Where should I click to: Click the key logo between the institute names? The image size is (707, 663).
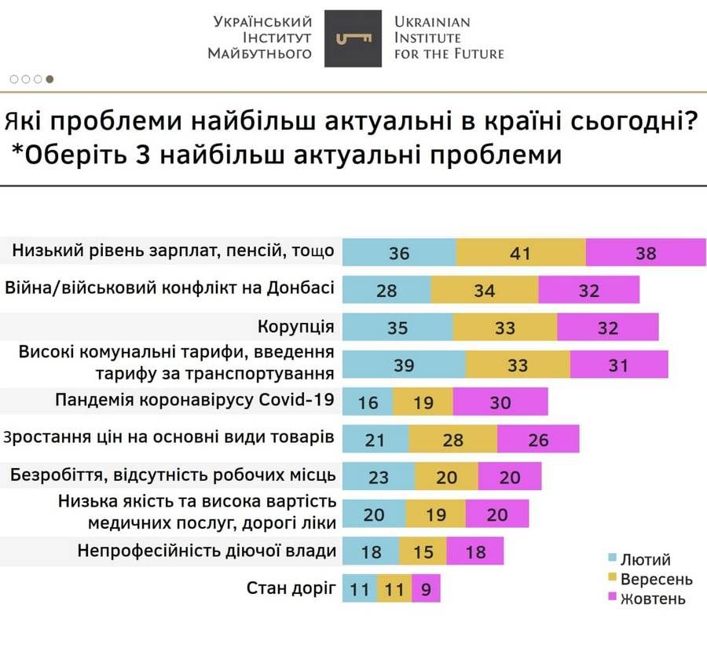(x=353, y=38)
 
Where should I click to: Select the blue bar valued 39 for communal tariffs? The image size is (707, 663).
(x=404, y=364)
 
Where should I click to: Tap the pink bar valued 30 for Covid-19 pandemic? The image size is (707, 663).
(x=500, y=402)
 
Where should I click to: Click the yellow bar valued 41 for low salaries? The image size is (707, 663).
(x=520, y=253)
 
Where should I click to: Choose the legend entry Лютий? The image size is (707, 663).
(x=645, y=560)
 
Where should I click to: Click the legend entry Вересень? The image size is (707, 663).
(x=656, y=580)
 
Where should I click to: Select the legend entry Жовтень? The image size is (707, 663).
(x=652, y=599)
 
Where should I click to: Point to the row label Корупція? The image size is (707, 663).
(x=296, y=327)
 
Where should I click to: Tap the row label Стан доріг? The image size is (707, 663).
(x=291, y=588)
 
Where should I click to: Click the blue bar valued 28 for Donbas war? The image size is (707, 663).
(x=386, y=290)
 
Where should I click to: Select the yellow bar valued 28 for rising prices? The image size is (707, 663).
(x=452, y=439)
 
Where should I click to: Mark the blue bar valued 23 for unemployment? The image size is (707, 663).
(x=379, y=476)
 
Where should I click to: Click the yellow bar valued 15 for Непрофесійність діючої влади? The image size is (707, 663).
(x=423, y=551)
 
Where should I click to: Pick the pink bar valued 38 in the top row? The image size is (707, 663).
(x=646, y=253)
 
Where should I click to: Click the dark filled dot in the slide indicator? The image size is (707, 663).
(x=49, y=79)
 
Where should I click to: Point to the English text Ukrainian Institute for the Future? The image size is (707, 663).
(x=448, y=38)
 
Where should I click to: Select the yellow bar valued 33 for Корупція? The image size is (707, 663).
(x=504, y=328)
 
